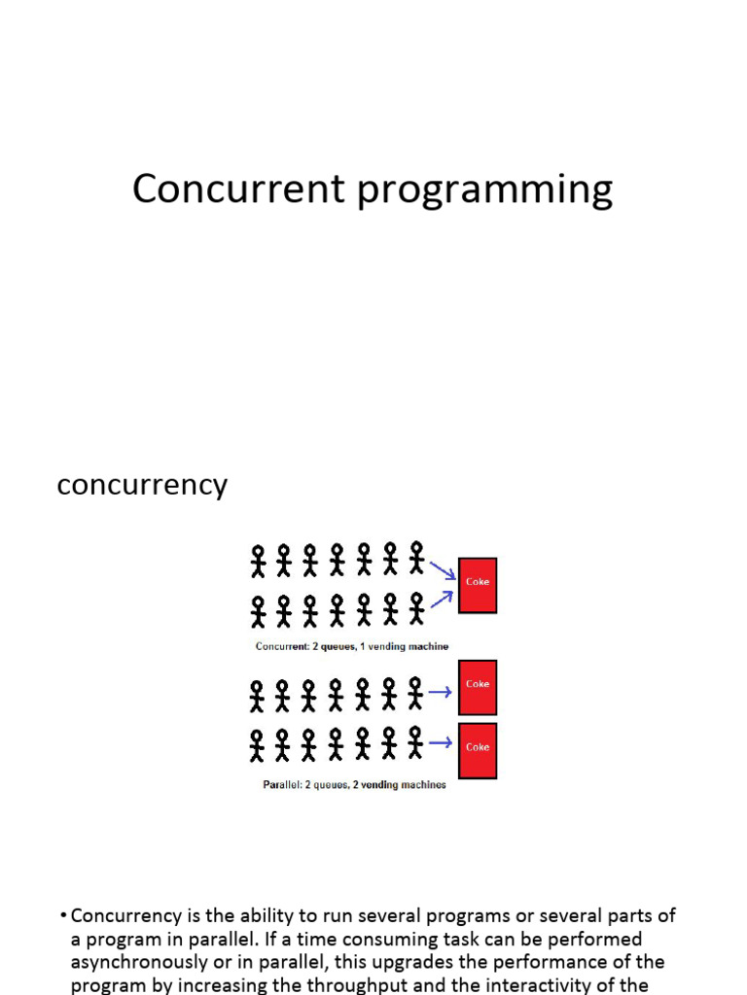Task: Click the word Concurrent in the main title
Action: coord(238,189)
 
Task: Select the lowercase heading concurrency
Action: coord(142,485)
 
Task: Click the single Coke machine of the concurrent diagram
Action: coord(478,585)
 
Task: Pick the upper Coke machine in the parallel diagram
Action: coord(478,687)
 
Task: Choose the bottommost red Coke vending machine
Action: coord(478,749)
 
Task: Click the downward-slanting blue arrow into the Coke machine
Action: coord(443,569)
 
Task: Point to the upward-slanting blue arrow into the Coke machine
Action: coord(443,600)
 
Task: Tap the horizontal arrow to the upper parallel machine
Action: coord(440,692)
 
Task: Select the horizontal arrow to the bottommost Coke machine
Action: coord(440,743)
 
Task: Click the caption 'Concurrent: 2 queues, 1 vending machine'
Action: coord(352,646)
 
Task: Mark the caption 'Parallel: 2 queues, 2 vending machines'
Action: coord(354,785)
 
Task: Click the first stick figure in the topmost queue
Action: coord(258,561)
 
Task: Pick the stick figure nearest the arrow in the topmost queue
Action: coord(416,558)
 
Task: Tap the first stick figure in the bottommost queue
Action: coord(257,746)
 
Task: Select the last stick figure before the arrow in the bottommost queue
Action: coord(415,742)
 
